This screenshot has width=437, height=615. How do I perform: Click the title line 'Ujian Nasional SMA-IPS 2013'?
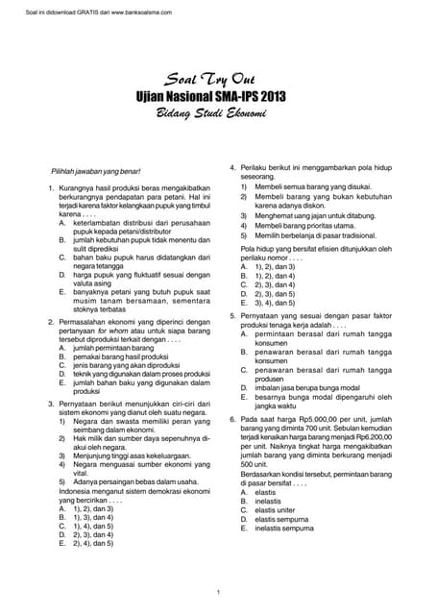point(218,98)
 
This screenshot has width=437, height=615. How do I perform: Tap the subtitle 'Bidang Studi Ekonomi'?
point(218,114)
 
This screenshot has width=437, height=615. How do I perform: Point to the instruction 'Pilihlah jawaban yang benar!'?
point(102,169)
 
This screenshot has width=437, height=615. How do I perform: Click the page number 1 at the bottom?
point(219,591)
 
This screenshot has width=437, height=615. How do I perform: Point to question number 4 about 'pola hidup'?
point(232,168)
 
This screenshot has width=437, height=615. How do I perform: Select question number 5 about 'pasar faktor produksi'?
point(232,315)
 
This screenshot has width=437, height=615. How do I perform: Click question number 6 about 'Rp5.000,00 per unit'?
point(232,420)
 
